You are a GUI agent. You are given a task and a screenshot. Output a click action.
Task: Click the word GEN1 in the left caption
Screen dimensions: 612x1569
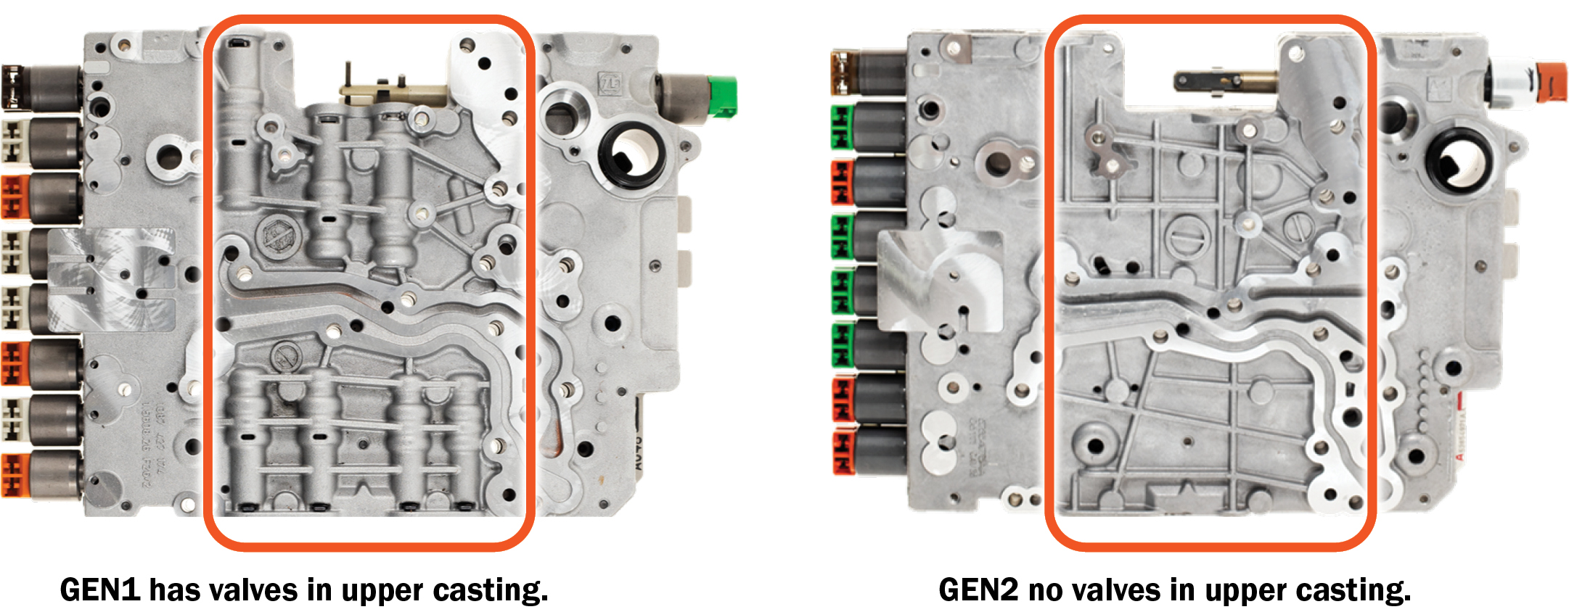100,590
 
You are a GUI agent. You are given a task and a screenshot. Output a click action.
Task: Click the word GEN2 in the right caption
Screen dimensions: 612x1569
979,590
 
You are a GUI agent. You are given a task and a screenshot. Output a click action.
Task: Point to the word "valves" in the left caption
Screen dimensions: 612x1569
253,590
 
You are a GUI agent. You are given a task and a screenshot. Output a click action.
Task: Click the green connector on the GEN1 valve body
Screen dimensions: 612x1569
722,96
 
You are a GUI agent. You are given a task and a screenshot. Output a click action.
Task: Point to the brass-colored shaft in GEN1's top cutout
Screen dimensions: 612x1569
392,93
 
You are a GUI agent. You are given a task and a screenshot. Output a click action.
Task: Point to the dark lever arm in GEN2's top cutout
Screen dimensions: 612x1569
1205,80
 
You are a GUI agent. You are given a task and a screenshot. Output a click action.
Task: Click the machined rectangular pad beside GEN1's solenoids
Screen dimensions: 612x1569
112,279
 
